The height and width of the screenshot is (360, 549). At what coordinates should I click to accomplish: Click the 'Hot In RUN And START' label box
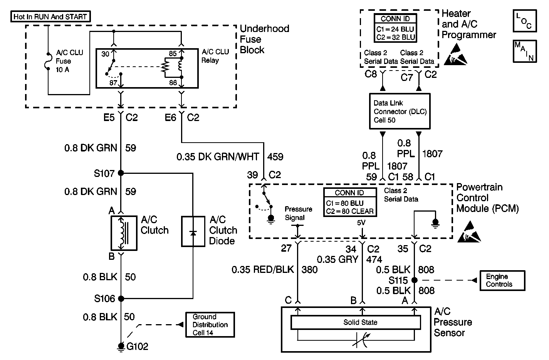click(50, 17)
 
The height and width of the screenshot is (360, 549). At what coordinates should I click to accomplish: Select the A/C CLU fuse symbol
click(48, 61)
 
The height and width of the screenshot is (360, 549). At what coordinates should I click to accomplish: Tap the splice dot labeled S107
click(121, 173)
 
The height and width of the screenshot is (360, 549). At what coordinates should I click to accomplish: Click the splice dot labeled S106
click(121, 298)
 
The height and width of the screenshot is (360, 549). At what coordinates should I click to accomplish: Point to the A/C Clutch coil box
click(124, 233)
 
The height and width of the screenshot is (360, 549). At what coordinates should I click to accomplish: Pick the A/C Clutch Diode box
click(193, 232)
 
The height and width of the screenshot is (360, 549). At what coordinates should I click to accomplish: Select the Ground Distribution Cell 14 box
click(210, 325)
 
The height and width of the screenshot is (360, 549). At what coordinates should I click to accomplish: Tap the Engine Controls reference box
click(502, 281)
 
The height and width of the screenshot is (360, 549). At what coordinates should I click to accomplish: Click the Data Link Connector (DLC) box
click(400, 111)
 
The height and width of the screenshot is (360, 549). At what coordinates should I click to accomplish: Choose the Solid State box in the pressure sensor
click(360, 323)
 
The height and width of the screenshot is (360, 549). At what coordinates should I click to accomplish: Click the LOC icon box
click(524, 21)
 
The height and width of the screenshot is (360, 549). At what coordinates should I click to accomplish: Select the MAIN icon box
click(524, 51)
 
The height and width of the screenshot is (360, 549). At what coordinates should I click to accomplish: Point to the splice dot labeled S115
click(414, 280)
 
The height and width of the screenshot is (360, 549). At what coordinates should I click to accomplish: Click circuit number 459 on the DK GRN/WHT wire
click(275, 157)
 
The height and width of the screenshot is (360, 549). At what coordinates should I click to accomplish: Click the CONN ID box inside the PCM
click(349, 202)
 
